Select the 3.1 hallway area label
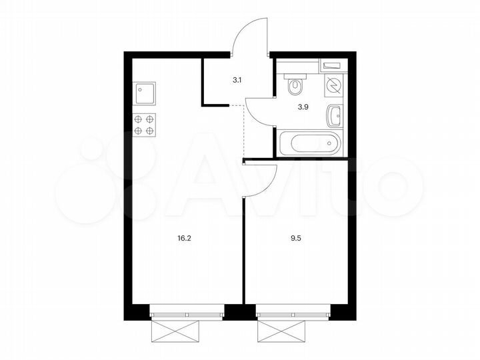click(237, 80)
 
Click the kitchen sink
click(145, 93)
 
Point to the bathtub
click(309, 143)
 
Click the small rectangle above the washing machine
click(331, 66)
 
